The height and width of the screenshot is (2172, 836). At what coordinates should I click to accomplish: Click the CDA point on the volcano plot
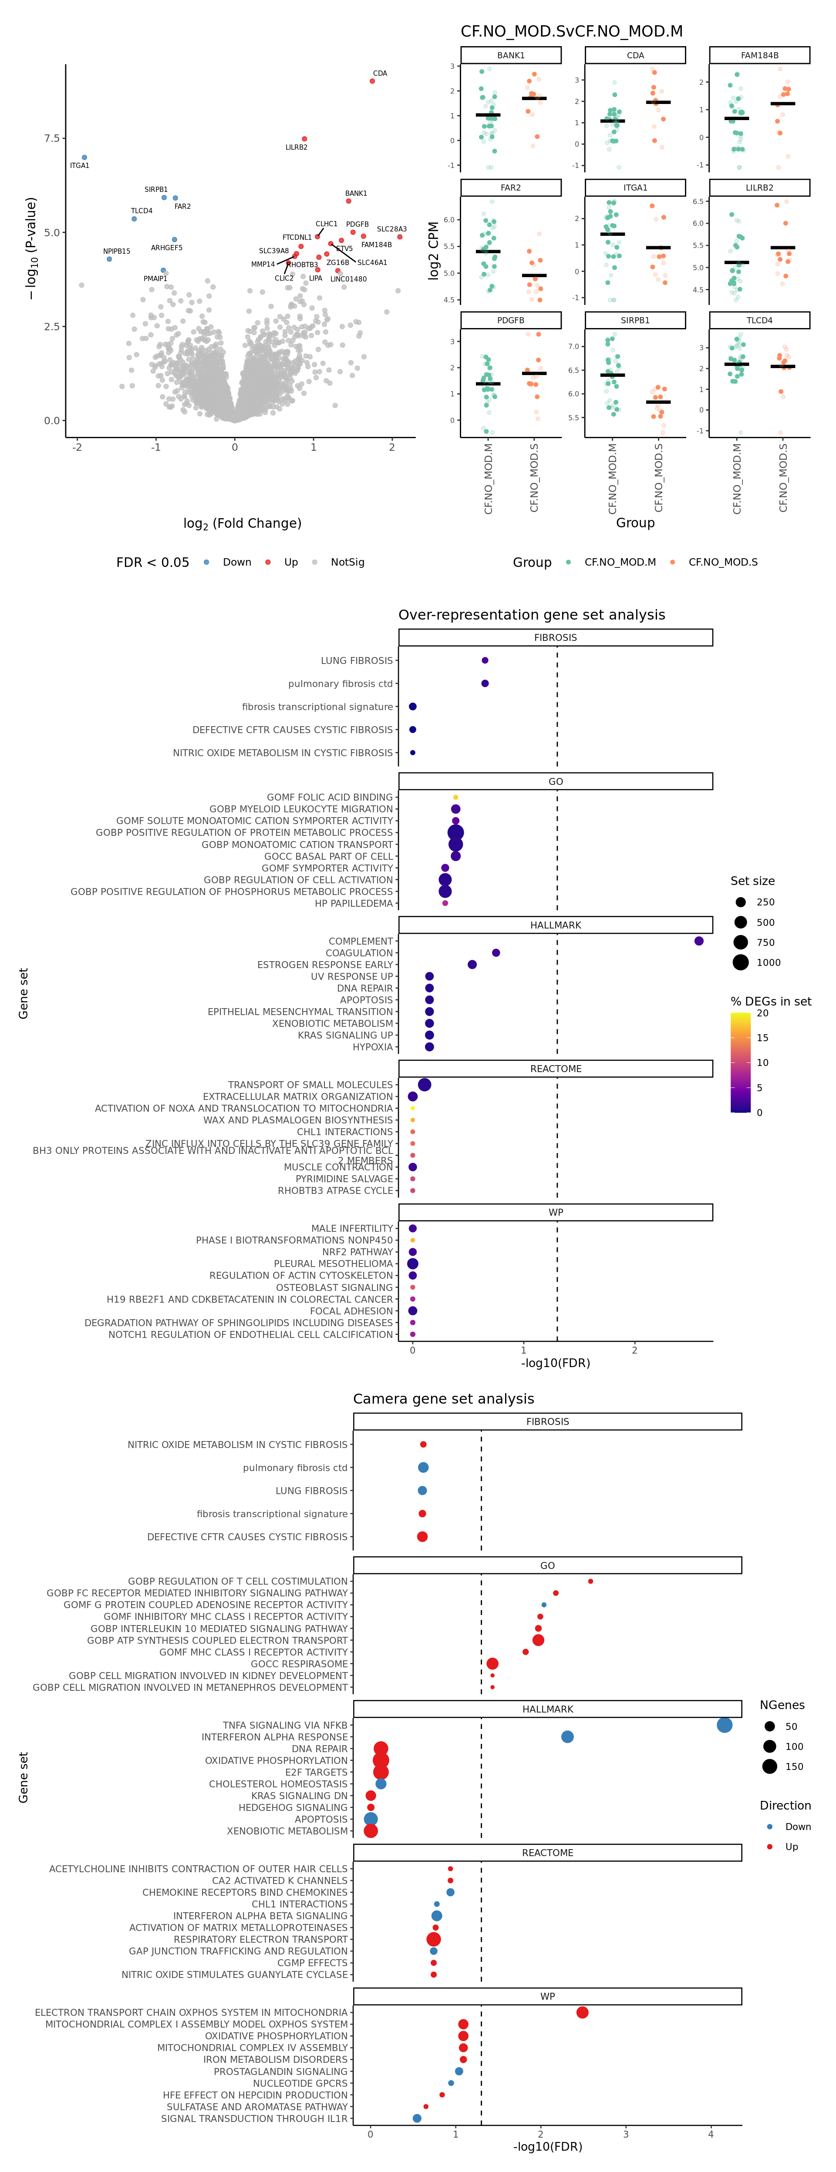pos(372,81)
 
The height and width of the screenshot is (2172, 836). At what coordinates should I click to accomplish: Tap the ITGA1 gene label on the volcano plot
pos(79,166)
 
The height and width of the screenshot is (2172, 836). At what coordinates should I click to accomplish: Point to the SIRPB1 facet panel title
pos(635,320)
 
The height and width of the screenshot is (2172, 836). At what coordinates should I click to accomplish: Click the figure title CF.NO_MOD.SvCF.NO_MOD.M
pos(571,31)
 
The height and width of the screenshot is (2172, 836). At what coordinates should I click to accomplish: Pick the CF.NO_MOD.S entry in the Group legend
pos(722,563)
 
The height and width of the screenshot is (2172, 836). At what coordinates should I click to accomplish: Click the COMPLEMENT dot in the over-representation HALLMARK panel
pos(698,941)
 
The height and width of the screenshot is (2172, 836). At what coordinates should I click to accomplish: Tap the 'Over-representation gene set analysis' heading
pos(532,615)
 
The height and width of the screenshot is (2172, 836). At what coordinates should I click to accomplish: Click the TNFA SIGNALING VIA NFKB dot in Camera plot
pos(724,1725)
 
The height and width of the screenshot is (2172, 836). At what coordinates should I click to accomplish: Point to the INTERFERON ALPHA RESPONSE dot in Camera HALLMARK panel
pos(567,1737)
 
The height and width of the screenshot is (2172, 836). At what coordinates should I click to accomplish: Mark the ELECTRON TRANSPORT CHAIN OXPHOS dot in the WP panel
pos(582,2013)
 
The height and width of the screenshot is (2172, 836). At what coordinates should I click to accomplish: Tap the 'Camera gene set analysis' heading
pos(443,1399)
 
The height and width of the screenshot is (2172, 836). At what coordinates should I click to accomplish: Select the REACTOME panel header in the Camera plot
pos(547,1853)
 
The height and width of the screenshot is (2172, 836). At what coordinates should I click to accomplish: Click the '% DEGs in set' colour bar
pos(740,1063)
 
